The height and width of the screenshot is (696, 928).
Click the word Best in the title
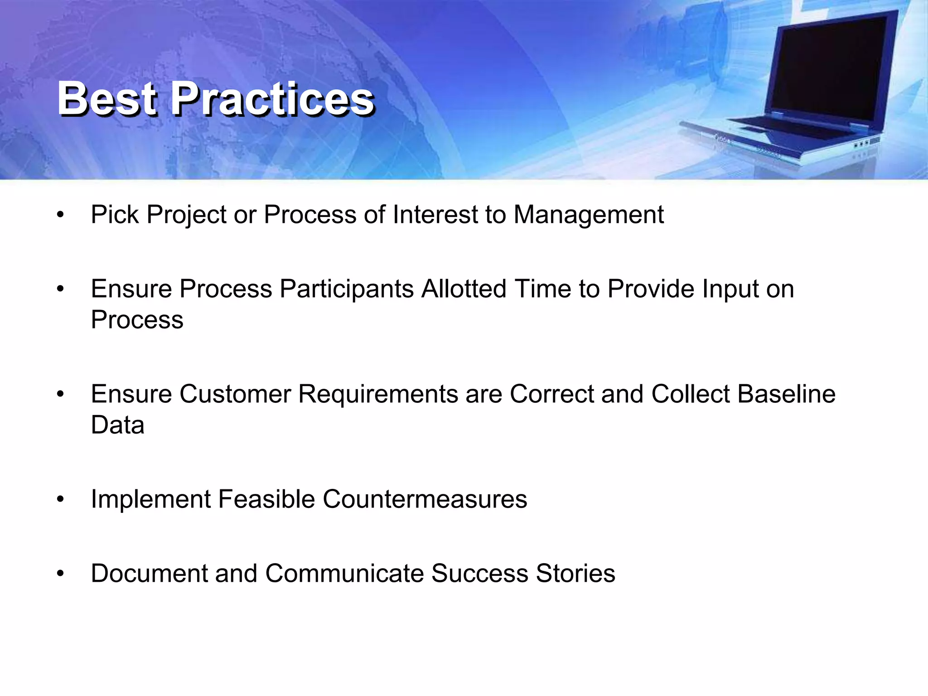[x=107, y=98]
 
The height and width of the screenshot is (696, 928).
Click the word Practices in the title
[x=272, y=98]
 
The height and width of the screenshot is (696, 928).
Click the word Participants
[x=346, y=289]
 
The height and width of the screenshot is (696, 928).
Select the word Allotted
[x=464, y=289]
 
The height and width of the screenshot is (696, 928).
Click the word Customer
[x=235, y=394]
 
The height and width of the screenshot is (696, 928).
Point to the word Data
[x=117, y=425]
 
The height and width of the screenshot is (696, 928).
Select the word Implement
[x=150, y=500]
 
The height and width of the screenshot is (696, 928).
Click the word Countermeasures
[x=425, y=499]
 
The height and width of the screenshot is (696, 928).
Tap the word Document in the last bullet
[x=149, y=573]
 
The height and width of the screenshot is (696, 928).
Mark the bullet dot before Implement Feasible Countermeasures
[x=60, y=500]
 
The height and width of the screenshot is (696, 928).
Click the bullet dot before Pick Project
[x=60, y=215]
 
